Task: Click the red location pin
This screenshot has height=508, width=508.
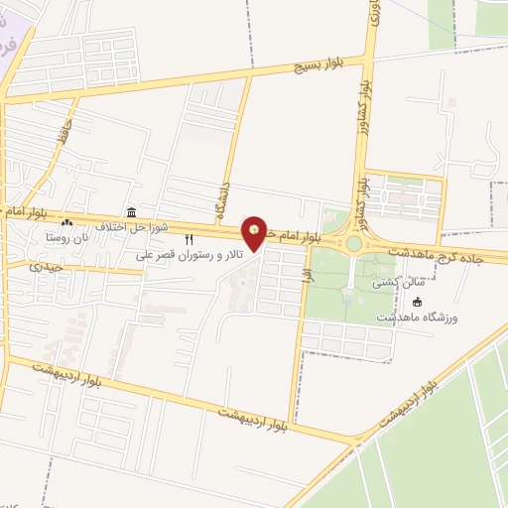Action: click(x=256, y=233)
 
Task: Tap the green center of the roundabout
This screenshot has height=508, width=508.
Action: click(x=353, y=243)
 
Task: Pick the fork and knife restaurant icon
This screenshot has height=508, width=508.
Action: click(x=189, y=239)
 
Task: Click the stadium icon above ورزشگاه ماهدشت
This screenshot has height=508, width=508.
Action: click(x=417, y=302)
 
